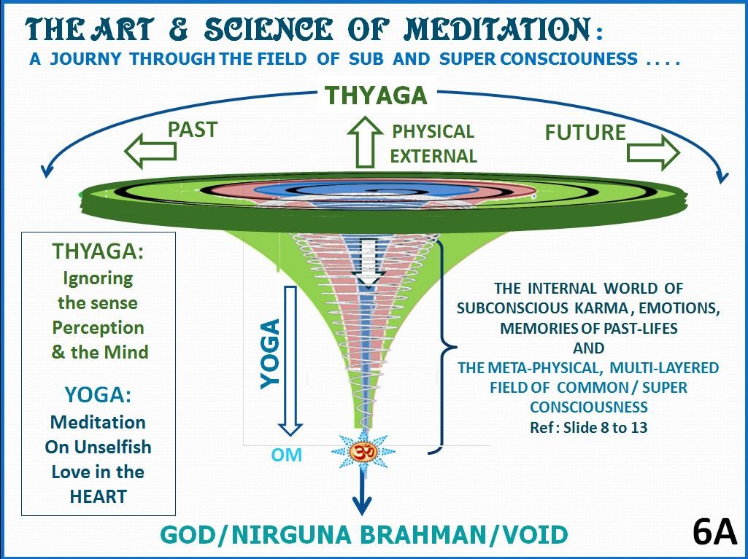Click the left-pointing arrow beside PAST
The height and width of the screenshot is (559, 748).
click(x=150, y=151)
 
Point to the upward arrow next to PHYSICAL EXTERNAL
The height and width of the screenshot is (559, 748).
click(x=366, y=142)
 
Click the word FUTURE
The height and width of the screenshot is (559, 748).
click(x=585, y=132)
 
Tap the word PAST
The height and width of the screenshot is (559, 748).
click(x=193, y=129)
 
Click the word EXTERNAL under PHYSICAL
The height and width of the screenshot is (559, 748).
click(x=433, y=155)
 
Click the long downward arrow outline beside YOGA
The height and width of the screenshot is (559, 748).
click(x=293, y=361)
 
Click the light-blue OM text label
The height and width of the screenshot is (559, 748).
click(x=287, y=456)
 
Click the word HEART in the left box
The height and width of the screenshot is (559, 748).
click(x=98, y=496)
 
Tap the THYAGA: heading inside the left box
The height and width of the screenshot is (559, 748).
click(x=98, y=251)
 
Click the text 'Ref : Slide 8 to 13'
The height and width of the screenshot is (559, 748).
click(x=588, y=426)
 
